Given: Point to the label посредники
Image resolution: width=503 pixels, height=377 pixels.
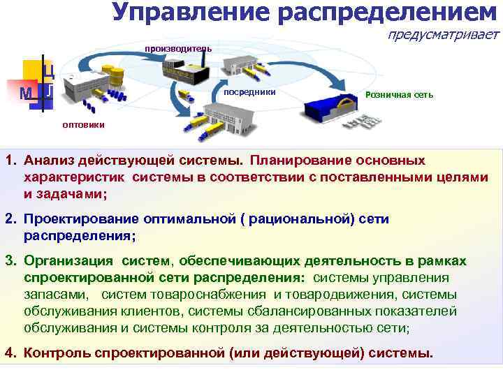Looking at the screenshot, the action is coord(249,93).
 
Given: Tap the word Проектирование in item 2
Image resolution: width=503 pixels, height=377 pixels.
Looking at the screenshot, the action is coord(77,220).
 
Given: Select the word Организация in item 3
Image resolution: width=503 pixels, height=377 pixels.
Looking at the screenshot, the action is coord(68,261).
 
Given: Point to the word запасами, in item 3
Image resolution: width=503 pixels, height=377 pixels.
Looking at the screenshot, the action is coord(57,295).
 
